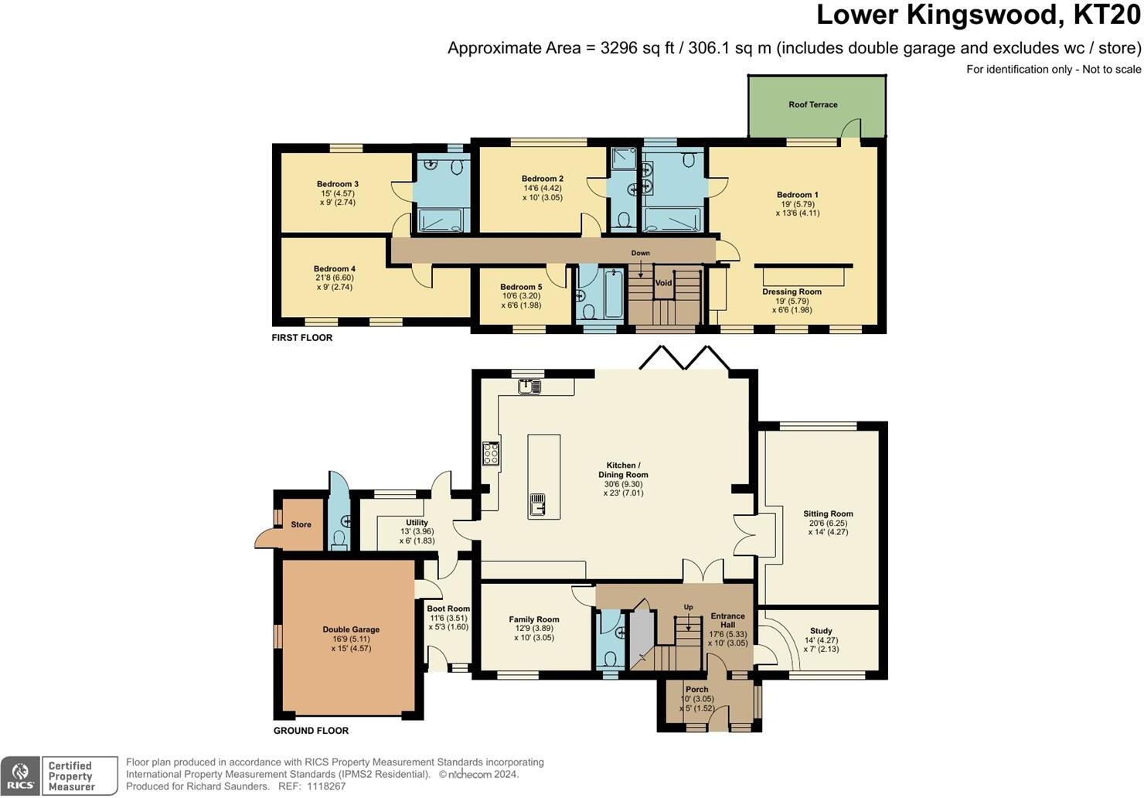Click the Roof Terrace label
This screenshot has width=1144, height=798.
pyautogui.click(x=812, y=104)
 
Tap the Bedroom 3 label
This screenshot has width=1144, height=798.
pyautogui.click(x=337, y=184)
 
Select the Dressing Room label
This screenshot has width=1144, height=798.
pyautogui.click(x=792, y=292)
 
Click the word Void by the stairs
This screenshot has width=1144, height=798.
pyautogui.click(x=663, y=282)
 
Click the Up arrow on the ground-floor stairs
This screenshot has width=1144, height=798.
pyautogui.click(x=689, y=622)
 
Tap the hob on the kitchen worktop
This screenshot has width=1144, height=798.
pyautogui.click(x=491, y=453)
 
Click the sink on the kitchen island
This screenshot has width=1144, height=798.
pyautogui.click(x=537, y=505)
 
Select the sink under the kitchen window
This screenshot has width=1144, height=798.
pyautogui.click(x=529, y=386)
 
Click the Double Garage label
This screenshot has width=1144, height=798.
pyautogui.click(x=351, y=629)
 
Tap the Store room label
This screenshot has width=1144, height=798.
pyautogui.click(x=301, y=524)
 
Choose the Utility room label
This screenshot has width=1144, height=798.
pyautogui.click(x=417, y=522)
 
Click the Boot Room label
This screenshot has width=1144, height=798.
pyautogui.click(x=448, y=609)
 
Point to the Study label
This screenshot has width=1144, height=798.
pyautogui.click(x=821, y=631)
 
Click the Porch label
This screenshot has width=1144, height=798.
pyautogui.click(x=696, y=689)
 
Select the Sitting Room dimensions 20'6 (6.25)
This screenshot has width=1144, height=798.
pyautogui.click(x=828, y=523)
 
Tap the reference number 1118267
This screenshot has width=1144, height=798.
pyautogui.click(x=326, y=786)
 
